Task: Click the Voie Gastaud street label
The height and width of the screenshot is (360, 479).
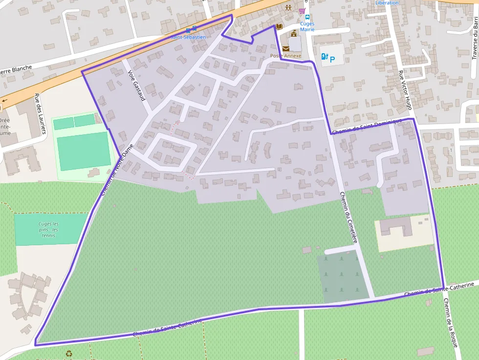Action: click(x=136, y=86)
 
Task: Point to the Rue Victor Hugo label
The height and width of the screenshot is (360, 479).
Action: click(x=405, y=90)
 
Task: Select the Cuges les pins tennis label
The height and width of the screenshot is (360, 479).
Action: click(x=48, y=230)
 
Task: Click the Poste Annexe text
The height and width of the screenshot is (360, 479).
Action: click(x=286, y=56)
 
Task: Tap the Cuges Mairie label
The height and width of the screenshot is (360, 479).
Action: click(x=307, y=26)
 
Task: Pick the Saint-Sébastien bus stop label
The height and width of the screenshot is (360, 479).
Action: click(x=189, y=37)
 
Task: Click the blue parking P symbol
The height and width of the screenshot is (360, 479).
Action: click(x=332, y=60)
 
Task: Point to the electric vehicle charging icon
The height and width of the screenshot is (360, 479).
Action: click(x=323, y=57)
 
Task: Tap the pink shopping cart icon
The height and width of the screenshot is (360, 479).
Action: click(x=302, y=10)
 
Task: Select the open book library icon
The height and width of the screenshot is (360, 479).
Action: click(x=279, y=26)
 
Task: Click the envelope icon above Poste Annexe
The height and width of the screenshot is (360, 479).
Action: click(x=285, y=48)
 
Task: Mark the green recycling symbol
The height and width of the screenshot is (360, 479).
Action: click(x=69, y=353)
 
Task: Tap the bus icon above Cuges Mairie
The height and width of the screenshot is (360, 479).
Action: click(x=307, y=17)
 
